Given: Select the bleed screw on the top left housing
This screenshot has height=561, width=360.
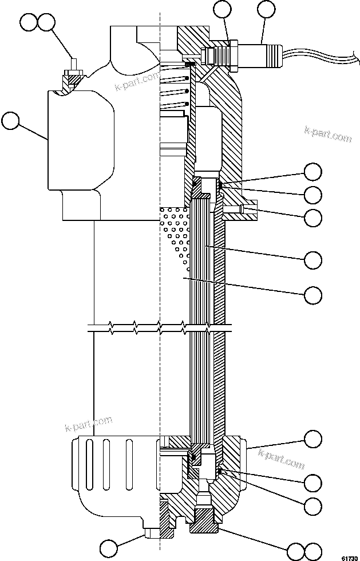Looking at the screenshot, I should [73, 72].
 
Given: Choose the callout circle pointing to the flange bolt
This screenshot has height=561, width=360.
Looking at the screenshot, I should [312, 218].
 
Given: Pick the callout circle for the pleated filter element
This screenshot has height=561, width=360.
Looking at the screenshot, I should [312, 259].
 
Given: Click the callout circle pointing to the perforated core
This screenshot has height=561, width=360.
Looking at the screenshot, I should [312, 295].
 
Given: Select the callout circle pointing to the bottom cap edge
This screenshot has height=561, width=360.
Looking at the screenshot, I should [312, 440].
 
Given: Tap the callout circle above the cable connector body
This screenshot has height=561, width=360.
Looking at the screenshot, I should [267, 10].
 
